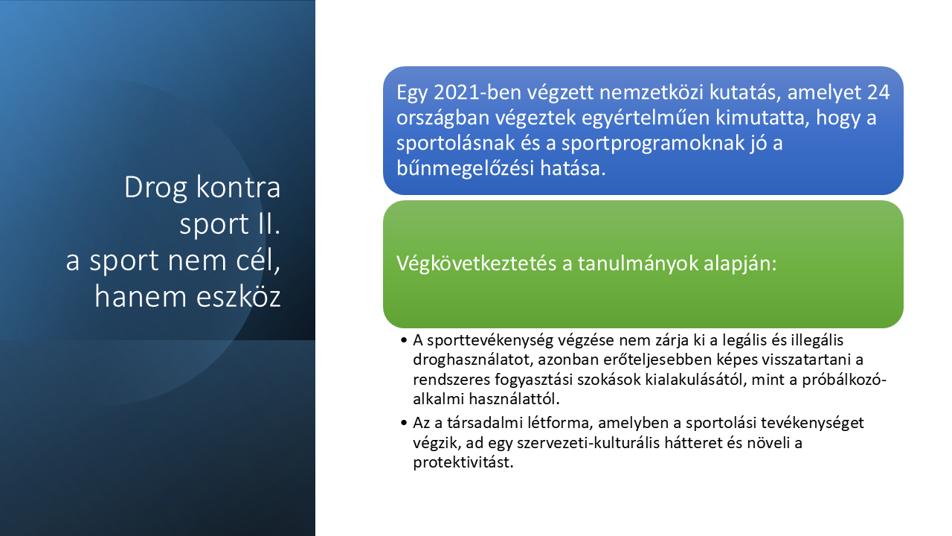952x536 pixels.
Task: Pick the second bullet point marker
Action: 404,423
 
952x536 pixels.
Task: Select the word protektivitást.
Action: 463,462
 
